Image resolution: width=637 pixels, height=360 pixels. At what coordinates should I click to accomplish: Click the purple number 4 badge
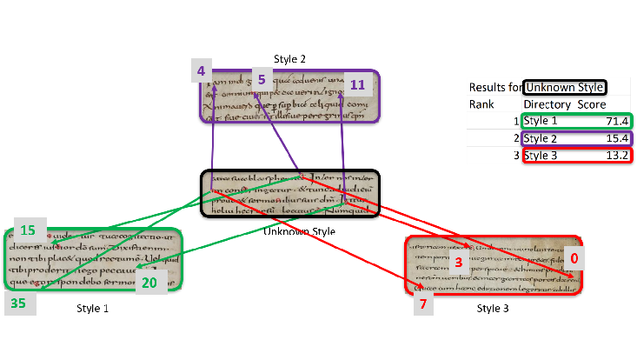click(202, 71)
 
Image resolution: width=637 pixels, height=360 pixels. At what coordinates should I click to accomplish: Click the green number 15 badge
click(28, 230)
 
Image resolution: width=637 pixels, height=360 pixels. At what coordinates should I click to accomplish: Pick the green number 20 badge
click(149, 282)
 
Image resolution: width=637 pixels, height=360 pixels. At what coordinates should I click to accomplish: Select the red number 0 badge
click(573, 258)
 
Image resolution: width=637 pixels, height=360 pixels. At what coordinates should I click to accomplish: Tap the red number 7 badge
click(423, 303)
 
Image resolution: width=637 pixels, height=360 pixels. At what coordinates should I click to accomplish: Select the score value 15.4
click(616, 138)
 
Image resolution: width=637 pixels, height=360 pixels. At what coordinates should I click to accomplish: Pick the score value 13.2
click(616, 156)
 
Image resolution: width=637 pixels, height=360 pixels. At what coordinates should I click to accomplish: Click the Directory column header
click(547, 104)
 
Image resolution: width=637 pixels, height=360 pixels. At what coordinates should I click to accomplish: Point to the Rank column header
click(481, 104)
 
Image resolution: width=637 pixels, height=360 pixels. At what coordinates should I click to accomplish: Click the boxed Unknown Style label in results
click(565, 87)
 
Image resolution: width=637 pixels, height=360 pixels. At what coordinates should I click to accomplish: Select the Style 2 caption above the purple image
click(289, 59)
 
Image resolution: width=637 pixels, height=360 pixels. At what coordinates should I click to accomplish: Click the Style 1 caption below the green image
click(93, 308)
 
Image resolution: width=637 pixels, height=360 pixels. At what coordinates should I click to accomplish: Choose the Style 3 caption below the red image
click(494, 308)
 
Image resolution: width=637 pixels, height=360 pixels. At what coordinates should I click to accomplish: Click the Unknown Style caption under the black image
click(298, 231)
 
